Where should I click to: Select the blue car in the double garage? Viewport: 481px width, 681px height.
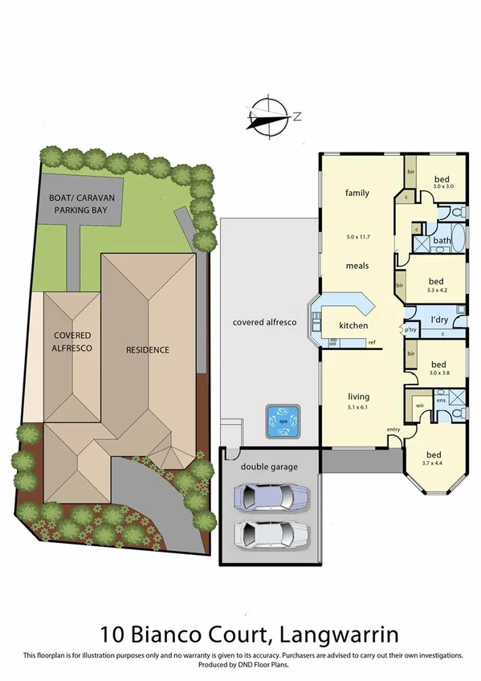(x=271, y=495)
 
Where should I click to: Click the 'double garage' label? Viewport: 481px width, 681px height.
(x=270, y=466)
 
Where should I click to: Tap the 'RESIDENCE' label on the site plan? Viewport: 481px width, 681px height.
(x=147, y=349)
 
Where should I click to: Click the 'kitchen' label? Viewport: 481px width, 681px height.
(x=353, y=325)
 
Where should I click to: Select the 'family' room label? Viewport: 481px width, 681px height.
(x=357, y=193)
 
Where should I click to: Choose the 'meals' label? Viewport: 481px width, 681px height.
(x=357, y=266)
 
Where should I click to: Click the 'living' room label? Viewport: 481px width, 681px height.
(x=358, y=396)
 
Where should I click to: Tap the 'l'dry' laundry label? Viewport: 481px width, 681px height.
(x=438, y=320)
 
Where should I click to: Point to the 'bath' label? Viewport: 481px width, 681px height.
(x=442, y=240)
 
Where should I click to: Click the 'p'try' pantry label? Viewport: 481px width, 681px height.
(x=410, y=330)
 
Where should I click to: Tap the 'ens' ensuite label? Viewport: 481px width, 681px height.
(x=441, y=399)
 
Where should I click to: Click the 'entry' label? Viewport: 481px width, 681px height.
(x=393, y=430)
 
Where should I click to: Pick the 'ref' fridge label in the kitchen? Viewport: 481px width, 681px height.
(x=372, y=343)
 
